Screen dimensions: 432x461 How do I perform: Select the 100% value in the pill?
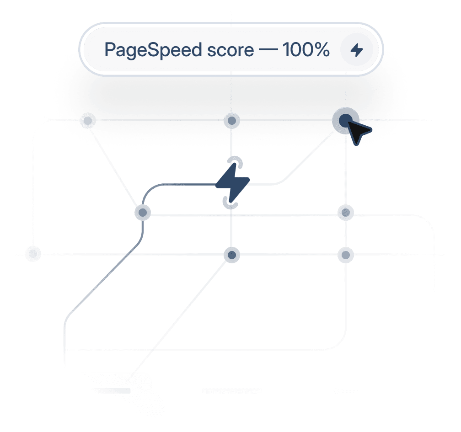point(306,50)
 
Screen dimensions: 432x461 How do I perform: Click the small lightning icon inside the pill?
point(356,50)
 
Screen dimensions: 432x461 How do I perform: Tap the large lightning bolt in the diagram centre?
point(232,182)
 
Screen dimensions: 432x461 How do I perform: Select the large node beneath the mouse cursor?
point(345,120)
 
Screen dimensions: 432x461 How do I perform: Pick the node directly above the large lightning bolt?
point(232,121)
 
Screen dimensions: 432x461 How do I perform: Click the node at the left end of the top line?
point(87,121)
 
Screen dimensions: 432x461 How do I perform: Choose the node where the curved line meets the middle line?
point(143,212)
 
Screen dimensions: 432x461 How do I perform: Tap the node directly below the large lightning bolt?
point(232,254)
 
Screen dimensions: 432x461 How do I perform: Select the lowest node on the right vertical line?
point(345,254)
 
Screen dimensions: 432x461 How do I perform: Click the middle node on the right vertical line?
point(345,212)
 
